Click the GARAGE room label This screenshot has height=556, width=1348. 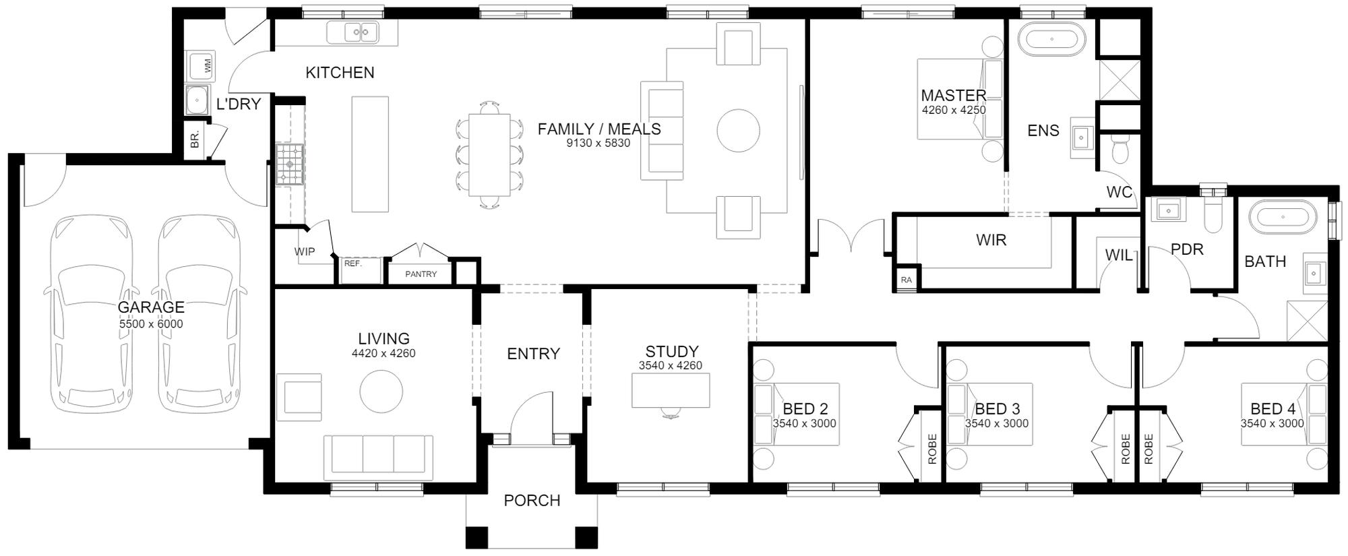[x=151, y=307]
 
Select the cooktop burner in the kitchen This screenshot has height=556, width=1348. [x=290, y=164]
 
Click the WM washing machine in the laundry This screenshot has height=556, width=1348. [x=201, y=66]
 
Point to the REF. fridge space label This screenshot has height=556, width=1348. [x=353, y=264]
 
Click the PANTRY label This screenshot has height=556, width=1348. [x=421, y=274]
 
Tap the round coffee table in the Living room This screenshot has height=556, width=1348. [x=381, y=391]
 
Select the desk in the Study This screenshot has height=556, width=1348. [x=671, y=390]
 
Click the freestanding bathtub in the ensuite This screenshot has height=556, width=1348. [x=1051, y=40]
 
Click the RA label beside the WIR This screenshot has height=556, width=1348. [x=906, y=280]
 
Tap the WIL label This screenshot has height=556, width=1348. [x=1119, y=255]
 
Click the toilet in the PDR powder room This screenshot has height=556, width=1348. [x=1213, y=209]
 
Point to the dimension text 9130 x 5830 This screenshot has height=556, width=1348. [x=599, y=143]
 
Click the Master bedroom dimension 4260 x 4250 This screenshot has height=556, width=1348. [x=954, y=110]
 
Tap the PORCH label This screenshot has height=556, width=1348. [x=532, y=501]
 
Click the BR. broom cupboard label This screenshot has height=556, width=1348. [x=195, y=140]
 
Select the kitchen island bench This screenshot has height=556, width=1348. [x=370, y=154]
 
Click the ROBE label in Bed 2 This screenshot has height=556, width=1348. [x=932, y=449]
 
